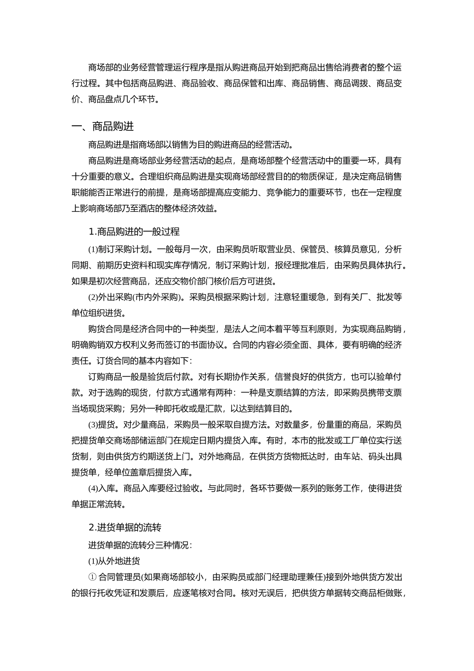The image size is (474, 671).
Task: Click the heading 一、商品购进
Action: (x=103, y=127)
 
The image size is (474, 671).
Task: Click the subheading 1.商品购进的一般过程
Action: (x=134, y=232)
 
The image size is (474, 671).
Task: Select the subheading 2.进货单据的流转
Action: (x=125, y=527)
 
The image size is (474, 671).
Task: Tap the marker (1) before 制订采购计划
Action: (x=93, y=250)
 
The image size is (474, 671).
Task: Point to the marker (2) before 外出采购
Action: (x=93, y=298)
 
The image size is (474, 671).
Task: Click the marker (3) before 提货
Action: (x=93, y=425)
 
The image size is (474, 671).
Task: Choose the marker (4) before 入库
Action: (x=93, y=488)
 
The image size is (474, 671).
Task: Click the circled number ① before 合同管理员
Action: (x=92, y=577)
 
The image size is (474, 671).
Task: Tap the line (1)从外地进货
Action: (x=114, y=561)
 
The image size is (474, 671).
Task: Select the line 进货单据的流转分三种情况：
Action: (x=140, y=545)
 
